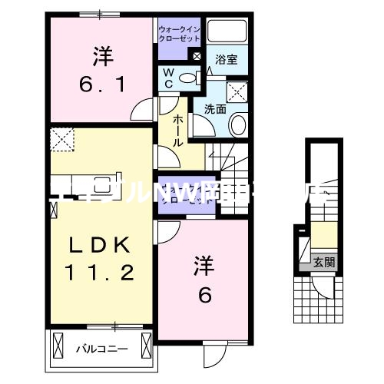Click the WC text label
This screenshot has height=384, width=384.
click(x=168, y=79)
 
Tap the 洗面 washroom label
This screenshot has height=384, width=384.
click(x=215, y=108)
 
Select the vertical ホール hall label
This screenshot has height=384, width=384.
click(x=177, y=131)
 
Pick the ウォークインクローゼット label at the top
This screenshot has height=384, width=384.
click(x=179, y=33)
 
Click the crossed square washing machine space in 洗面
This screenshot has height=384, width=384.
click(x=237, y=91)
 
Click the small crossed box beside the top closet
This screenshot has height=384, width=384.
click(x=197, y=56)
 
